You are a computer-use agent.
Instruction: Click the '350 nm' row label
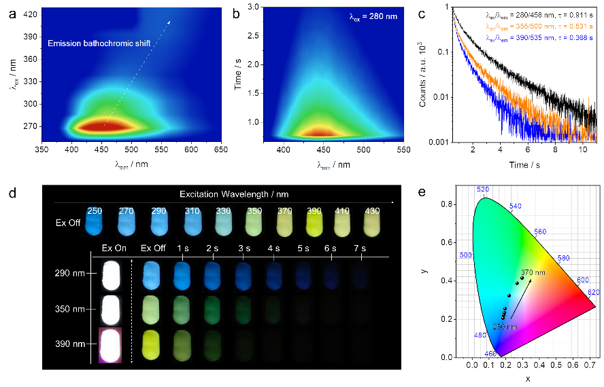click(71, 309)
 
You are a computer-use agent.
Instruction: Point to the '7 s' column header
click(358, 248)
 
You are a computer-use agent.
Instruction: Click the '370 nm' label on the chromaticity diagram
click(533, 273)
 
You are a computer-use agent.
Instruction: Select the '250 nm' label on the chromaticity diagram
click(504, 327)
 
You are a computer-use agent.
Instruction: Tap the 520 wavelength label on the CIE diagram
click(484, 189)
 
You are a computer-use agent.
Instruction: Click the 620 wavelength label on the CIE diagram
click(594, 292)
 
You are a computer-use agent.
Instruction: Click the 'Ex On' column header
click(114, 248)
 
